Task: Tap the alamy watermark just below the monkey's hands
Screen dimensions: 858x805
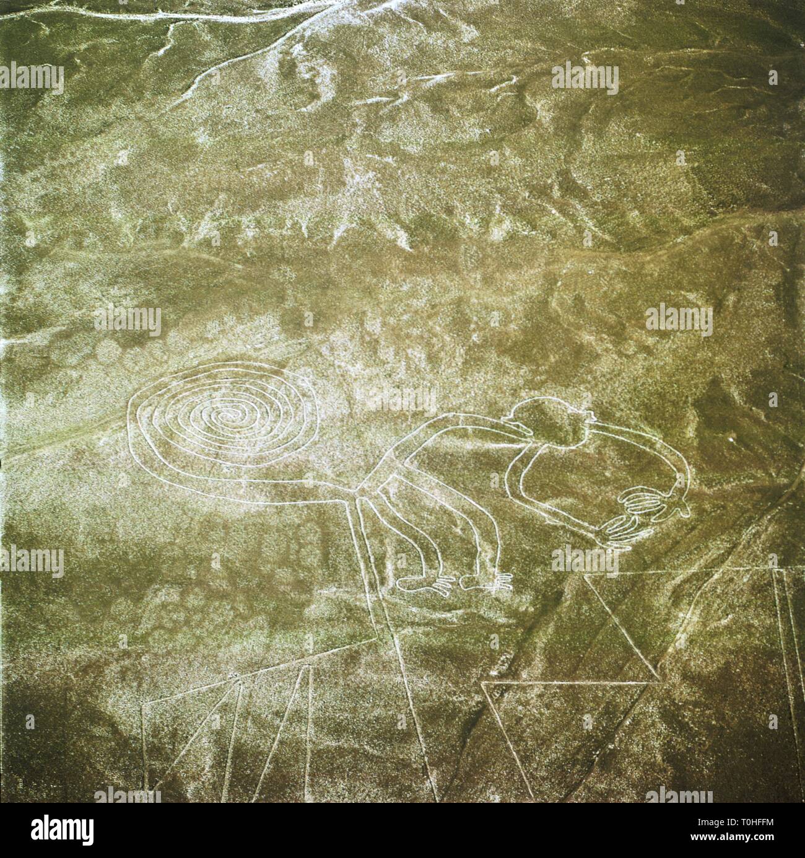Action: (585, 560)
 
